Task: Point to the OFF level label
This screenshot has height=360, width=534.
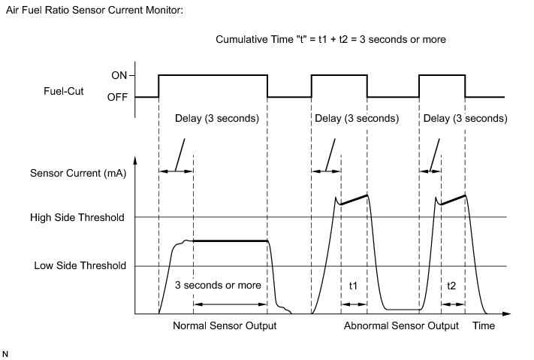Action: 117,97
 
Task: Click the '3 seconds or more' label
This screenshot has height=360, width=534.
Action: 218,286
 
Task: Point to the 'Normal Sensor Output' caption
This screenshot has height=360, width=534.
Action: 224,326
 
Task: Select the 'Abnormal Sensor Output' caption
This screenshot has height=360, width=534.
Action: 401,326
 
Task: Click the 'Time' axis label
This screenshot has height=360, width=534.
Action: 484,326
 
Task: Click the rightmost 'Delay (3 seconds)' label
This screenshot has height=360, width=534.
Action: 466,119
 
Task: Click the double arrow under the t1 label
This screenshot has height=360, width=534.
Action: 354,304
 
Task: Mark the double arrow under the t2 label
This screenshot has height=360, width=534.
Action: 453,304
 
